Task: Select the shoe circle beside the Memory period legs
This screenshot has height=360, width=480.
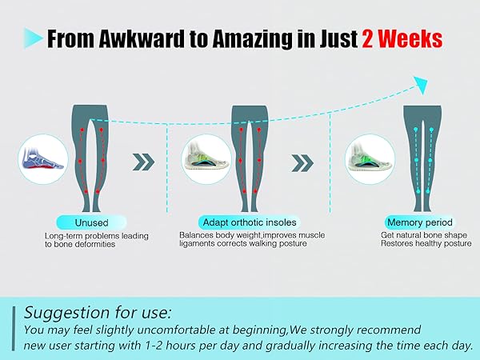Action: pos(366,157)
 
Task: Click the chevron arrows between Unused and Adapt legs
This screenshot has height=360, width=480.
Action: pos(143,161)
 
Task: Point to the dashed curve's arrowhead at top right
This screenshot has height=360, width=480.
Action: pos(418,81)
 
